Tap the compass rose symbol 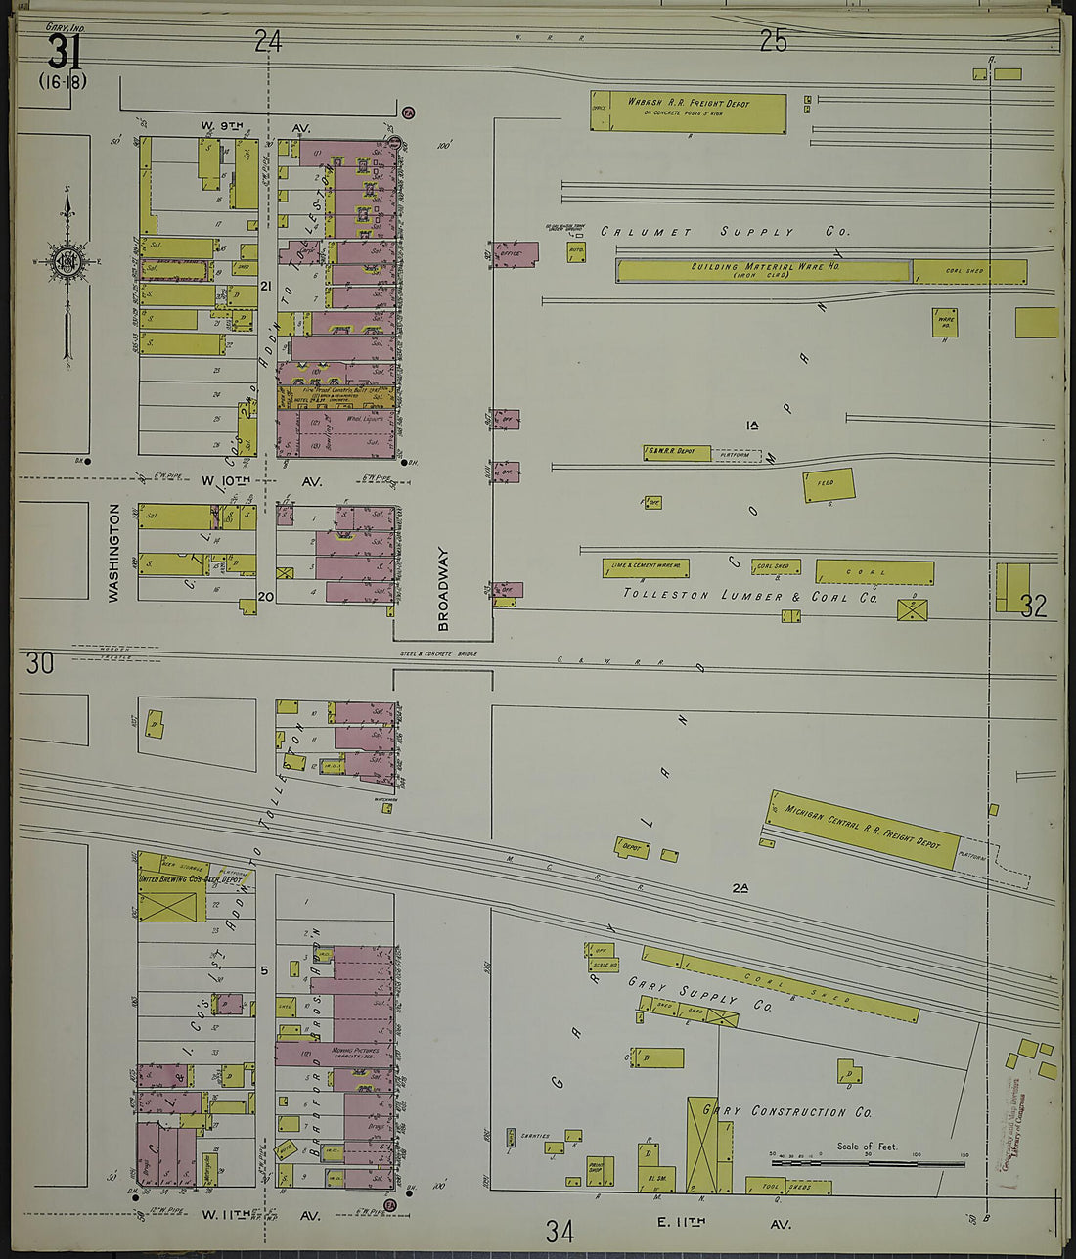[x=67, y=261]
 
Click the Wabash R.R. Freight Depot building [x=688, y=112]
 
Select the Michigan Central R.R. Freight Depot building [x=862, y=830]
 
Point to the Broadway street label [x=442, y=587]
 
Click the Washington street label [x=114, y=552]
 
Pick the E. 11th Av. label [x=742, y=1223]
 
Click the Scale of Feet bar [x=868, y=1163]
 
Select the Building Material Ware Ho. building [x=763, y=271]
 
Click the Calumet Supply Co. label [x=725, y=232]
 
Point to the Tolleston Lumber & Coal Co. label [x=750, y=596]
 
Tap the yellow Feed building [x=829, y=485]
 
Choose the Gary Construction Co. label [x=797, y=1111]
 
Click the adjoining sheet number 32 [x=1033, y=607]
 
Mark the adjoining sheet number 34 [x=560, y=1229]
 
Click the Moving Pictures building [x=334, y=1054]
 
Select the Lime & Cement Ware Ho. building [x=645, y=567]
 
